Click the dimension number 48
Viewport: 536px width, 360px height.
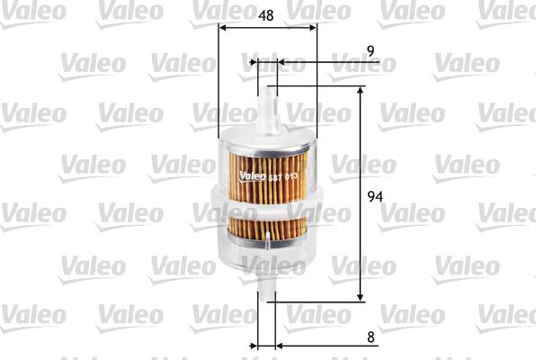[x=267, y=15]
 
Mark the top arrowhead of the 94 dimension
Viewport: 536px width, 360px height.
[x=361, y=92]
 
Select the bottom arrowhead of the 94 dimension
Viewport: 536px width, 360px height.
[x=361, y=296]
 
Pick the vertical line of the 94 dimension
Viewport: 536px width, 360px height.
[x=361, y=193]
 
